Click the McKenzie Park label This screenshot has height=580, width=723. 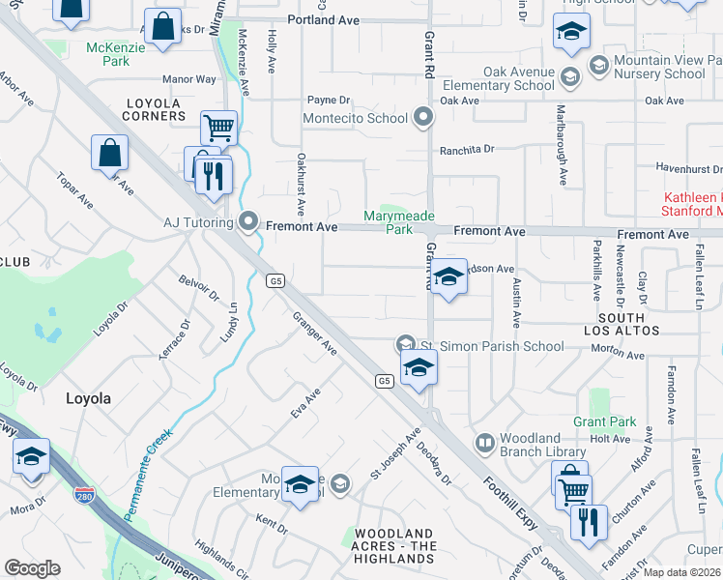point(107,53)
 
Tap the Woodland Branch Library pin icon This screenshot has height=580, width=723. point(484,444)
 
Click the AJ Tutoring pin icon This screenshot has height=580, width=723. point(248,223)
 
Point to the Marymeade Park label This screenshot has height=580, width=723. point(398,222)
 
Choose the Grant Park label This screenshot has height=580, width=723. point(604,421)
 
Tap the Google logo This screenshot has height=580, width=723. point(32,568)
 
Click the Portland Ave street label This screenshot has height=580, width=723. point(323,18)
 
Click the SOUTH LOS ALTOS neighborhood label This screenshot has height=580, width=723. point(622,324)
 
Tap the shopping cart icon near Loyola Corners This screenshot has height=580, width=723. point(219,127)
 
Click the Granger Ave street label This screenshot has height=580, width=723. point(314,333)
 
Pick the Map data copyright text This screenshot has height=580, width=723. point(682,572)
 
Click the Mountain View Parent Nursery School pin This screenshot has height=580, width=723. point(598,66)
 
